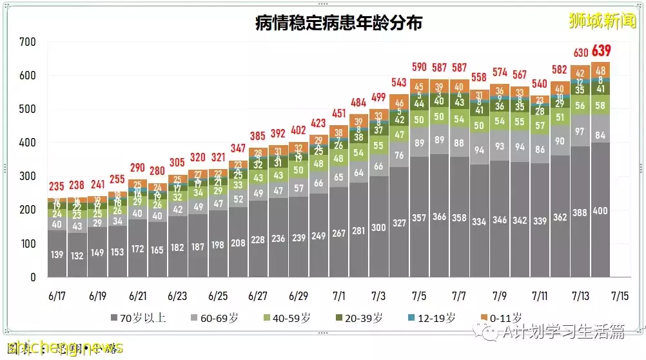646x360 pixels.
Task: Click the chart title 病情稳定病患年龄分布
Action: click(338, 23)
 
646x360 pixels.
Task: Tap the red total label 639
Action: click(600, 51)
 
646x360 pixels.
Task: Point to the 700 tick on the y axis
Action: click(28, 42)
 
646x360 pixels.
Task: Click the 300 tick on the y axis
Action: click(28, 176)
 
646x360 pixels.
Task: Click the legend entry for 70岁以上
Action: click(137, 317)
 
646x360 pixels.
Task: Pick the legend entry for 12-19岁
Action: click(433, 317)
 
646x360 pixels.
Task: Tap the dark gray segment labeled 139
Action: click(57, 255)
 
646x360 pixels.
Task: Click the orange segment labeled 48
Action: click(600, 70)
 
